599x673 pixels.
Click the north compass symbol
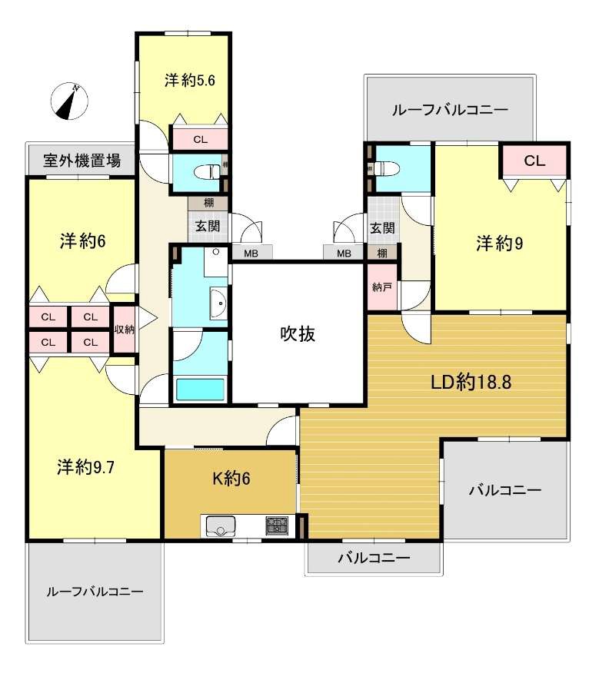(69, 101)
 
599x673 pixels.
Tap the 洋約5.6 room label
(189, 80)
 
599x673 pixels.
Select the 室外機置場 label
(82, 161)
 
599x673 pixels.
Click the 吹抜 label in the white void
(298, 333)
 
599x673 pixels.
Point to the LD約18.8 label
(471, 382)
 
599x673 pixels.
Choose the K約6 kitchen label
(231, 478)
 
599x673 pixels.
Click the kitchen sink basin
(221, 525)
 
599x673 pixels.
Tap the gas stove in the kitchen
(277, 525)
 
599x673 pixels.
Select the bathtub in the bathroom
(200, 390)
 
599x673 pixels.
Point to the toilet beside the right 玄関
(386, 167)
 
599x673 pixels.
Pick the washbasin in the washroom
(218, 303)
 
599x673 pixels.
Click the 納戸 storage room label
(382, 287)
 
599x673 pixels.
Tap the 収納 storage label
(125, 330)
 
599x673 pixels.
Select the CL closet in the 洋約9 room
(534, 161)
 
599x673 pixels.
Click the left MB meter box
(251, 254)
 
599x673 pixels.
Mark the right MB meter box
(344, 254)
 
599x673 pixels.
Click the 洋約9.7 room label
(86, 467)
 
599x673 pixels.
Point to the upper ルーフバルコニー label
(450, 111)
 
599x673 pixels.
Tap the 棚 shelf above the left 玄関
(208, 203)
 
